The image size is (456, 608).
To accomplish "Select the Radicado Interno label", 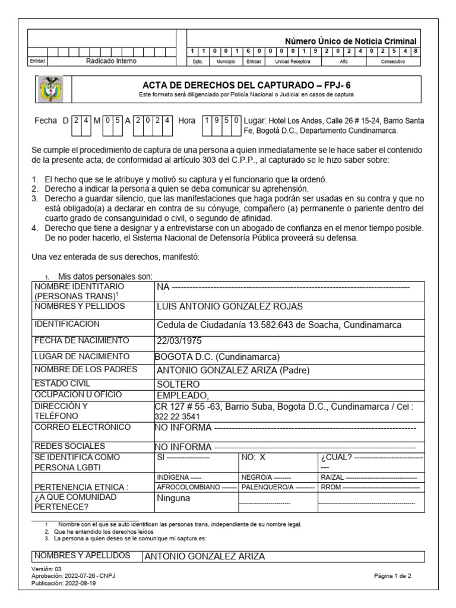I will point(111,61).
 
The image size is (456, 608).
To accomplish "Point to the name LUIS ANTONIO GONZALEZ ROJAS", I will point(229,306).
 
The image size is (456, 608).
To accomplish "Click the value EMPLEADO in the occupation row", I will point(183,395).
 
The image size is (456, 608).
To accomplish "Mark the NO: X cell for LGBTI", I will point(254,458).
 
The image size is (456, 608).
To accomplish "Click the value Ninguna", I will point(173,498).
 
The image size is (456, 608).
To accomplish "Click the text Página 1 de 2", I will point(397,576).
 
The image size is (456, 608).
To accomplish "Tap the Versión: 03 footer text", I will point(46,569).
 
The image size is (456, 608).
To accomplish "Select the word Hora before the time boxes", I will point(186,120).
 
